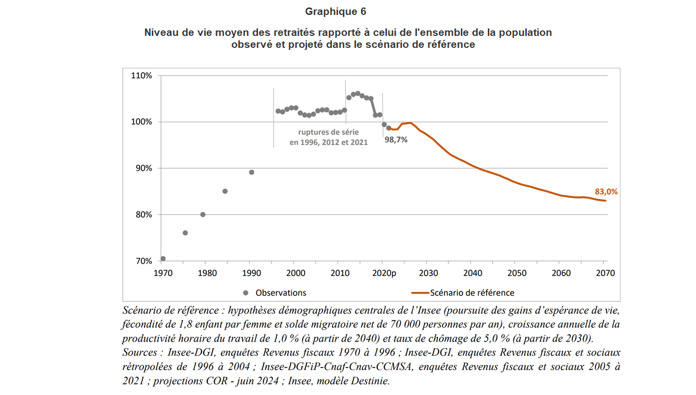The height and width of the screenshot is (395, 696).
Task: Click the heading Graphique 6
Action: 332,11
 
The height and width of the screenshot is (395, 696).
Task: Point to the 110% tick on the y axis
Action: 141,76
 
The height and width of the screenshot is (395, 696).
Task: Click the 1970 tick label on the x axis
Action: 163,273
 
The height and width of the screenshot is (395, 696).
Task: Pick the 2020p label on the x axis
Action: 385,273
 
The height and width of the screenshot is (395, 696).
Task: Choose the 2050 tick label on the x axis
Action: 517,273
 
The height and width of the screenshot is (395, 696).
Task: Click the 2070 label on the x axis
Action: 605,273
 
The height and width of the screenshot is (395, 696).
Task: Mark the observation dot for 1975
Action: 185,233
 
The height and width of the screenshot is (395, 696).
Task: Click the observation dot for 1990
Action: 252,173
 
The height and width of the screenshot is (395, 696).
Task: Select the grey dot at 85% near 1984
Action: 225,192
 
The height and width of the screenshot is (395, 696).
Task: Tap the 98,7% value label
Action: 396,140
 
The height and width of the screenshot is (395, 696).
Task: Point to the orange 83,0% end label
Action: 606,192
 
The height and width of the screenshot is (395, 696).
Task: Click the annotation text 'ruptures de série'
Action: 329,133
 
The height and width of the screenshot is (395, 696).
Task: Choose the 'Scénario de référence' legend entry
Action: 471,293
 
